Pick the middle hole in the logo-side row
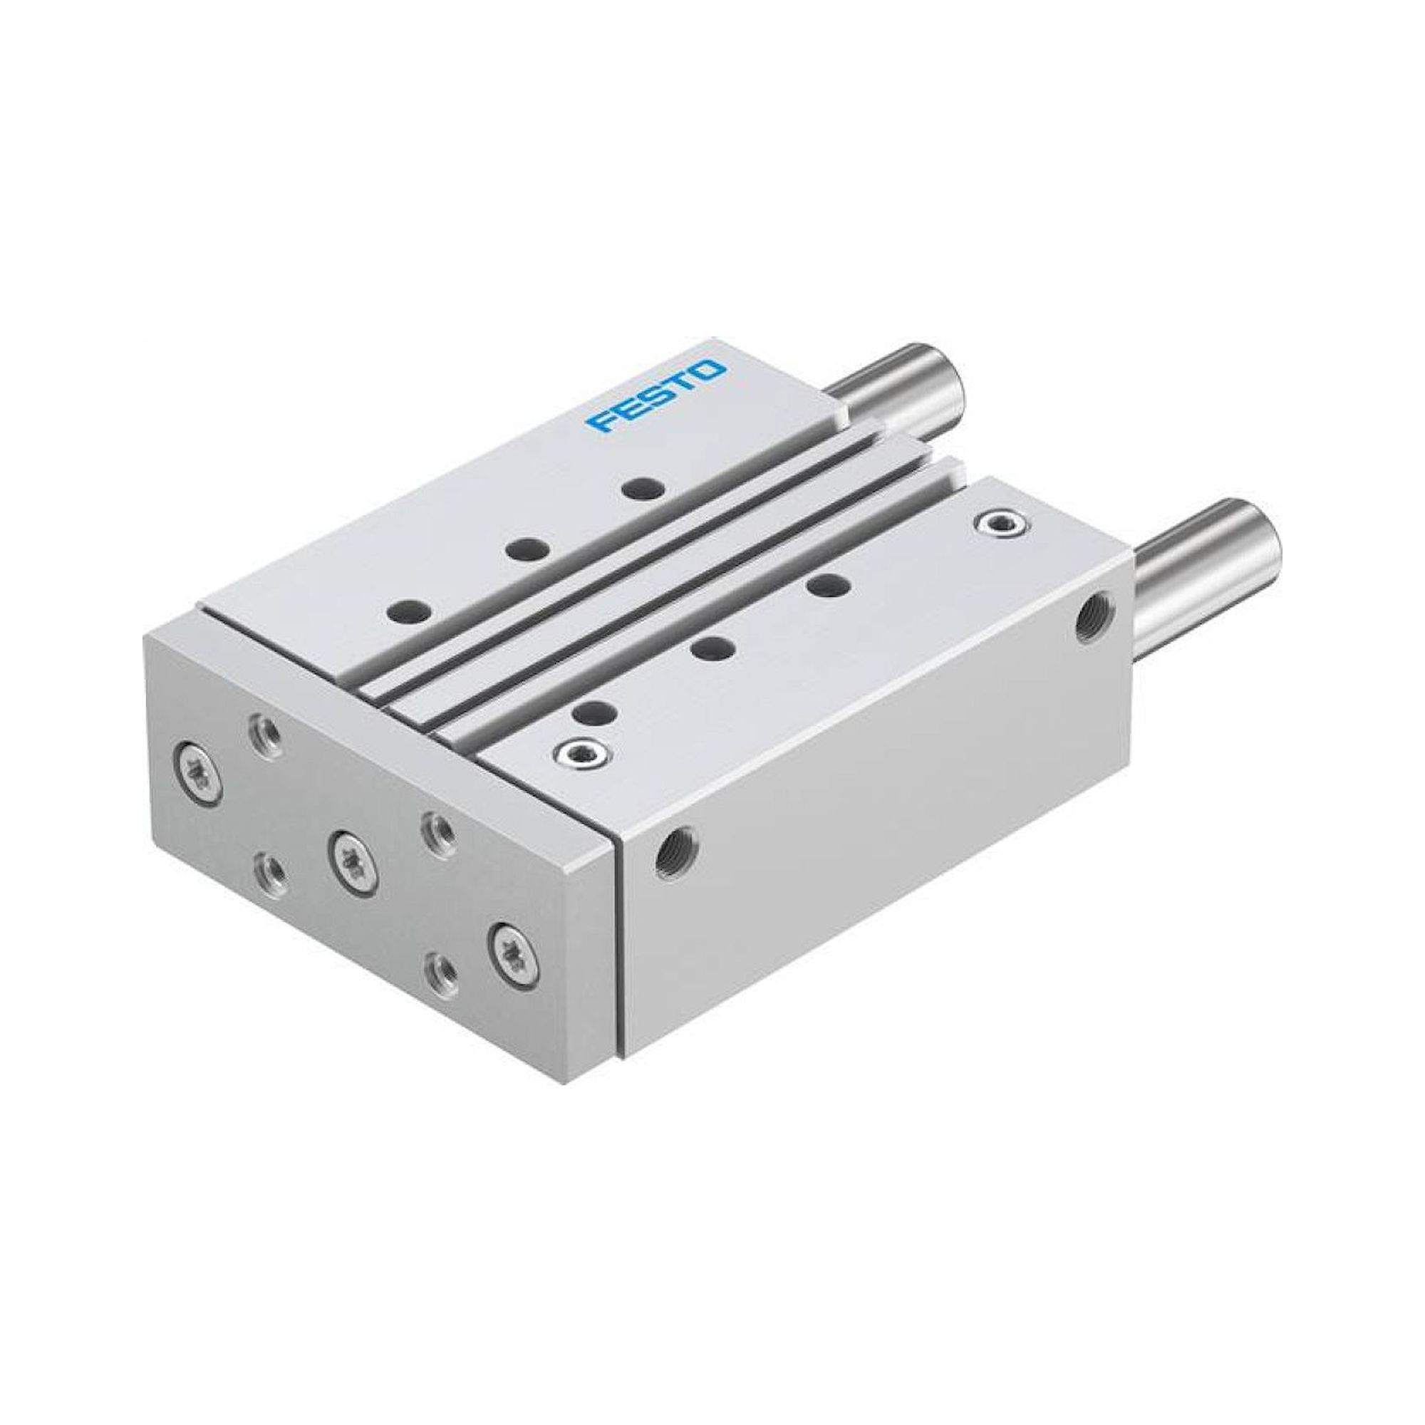coord(527,548)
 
